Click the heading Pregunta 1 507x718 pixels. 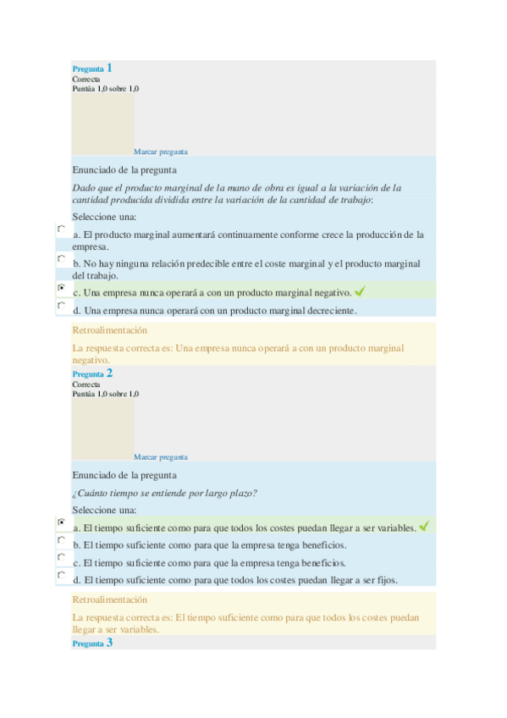[92, 68]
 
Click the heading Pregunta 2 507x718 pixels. [92, 373]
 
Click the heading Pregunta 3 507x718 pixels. [92, 643]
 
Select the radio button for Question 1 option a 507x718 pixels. [61, 229]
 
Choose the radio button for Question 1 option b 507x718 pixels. [61, 258]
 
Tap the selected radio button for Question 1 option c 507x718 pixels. [61, 288]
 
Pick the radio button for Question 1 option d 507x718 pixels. [61, 306]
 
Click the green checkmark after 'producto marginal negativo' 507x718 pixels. [360, 291]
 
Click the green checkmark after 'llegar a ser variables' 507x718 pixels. [424, 527]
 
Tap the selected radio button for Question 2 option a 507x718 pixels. [61, 522]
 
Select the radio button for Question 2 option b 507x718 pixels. [61, 539]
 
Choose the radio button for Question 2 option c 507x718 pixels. [61, 557]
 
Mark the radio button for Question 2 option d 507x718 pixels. [61, 575]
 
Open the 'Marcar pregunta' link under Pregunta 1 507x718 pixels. [161, 152]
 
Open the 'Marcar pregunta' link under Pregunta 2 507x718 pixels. [161, 457]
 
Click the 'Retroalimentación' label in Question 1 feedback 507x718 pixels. [110, 330]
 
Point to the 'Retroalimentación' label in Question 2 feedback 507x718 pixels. [110, 599]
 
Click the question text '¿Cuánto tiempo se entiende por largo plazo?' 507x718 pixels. [165, 493]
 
